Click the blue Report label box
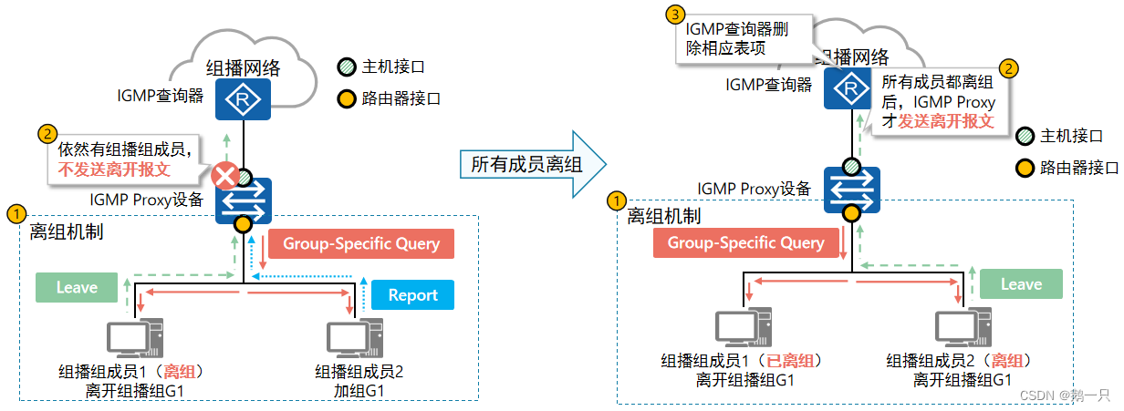coord(412,294)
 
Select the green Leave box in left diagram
coord(77,287)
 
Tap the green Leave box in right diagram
coord(1021,284)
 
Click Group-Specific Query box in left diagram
coord(361,243)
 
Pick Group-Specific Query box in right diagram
coord(745,242)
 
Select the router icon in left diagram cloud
coord(243,98)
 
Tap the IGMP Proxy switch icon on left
coord(243,200)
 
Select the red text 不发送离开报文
coord(115,169)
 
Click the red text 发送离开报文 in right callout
coord(946,120)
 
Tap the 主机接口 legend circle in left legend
coord(345,67)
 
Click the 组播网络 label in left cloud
coord(243,67)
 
